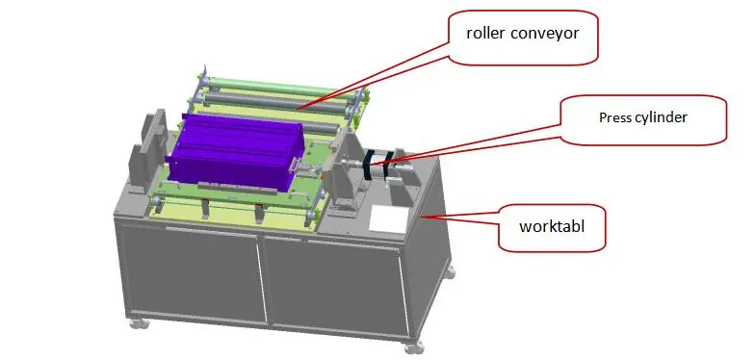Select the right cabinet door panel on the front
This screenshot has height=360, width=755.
333,290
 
